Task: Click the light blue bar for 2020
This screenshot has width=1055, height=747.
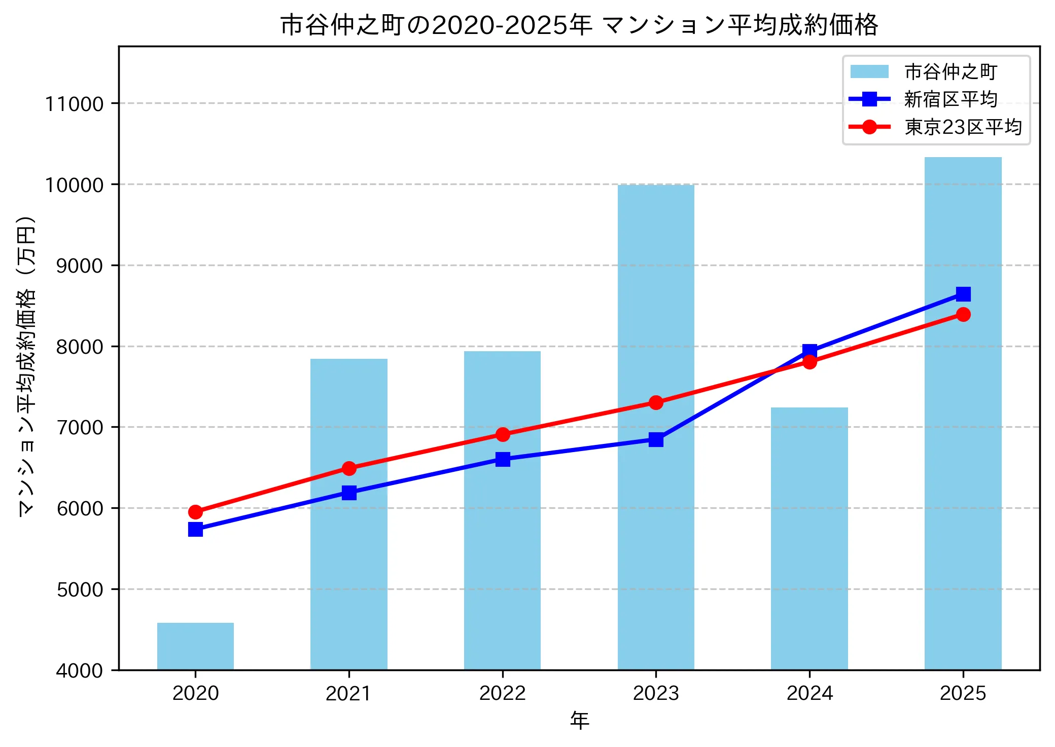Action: [x=195, y=646]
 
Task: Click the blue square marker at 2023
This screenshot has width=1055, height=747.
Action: [x=656, y=439]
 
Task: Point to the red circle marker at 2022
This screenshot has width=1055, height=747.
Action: [x=503, y=434]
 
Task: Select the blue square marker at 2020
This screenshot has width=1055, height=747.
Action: [x=195, y=530]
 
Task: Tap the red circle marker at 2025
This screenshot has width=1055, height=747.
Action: [x=963, y=314]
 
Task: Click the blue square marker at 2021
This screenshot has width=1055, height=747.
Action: [x=349, y=493]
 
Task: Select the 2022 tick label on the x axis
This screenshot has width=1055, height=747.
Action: [x=502, y=693]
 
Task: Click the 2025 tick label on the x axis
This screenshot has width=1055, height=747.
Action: [x=963, y=693]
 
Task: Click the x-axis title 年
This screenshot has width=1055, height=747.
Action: [x=579, y=720]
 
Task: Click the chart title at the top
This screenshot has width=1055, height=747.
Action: [x=579, y=24]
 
